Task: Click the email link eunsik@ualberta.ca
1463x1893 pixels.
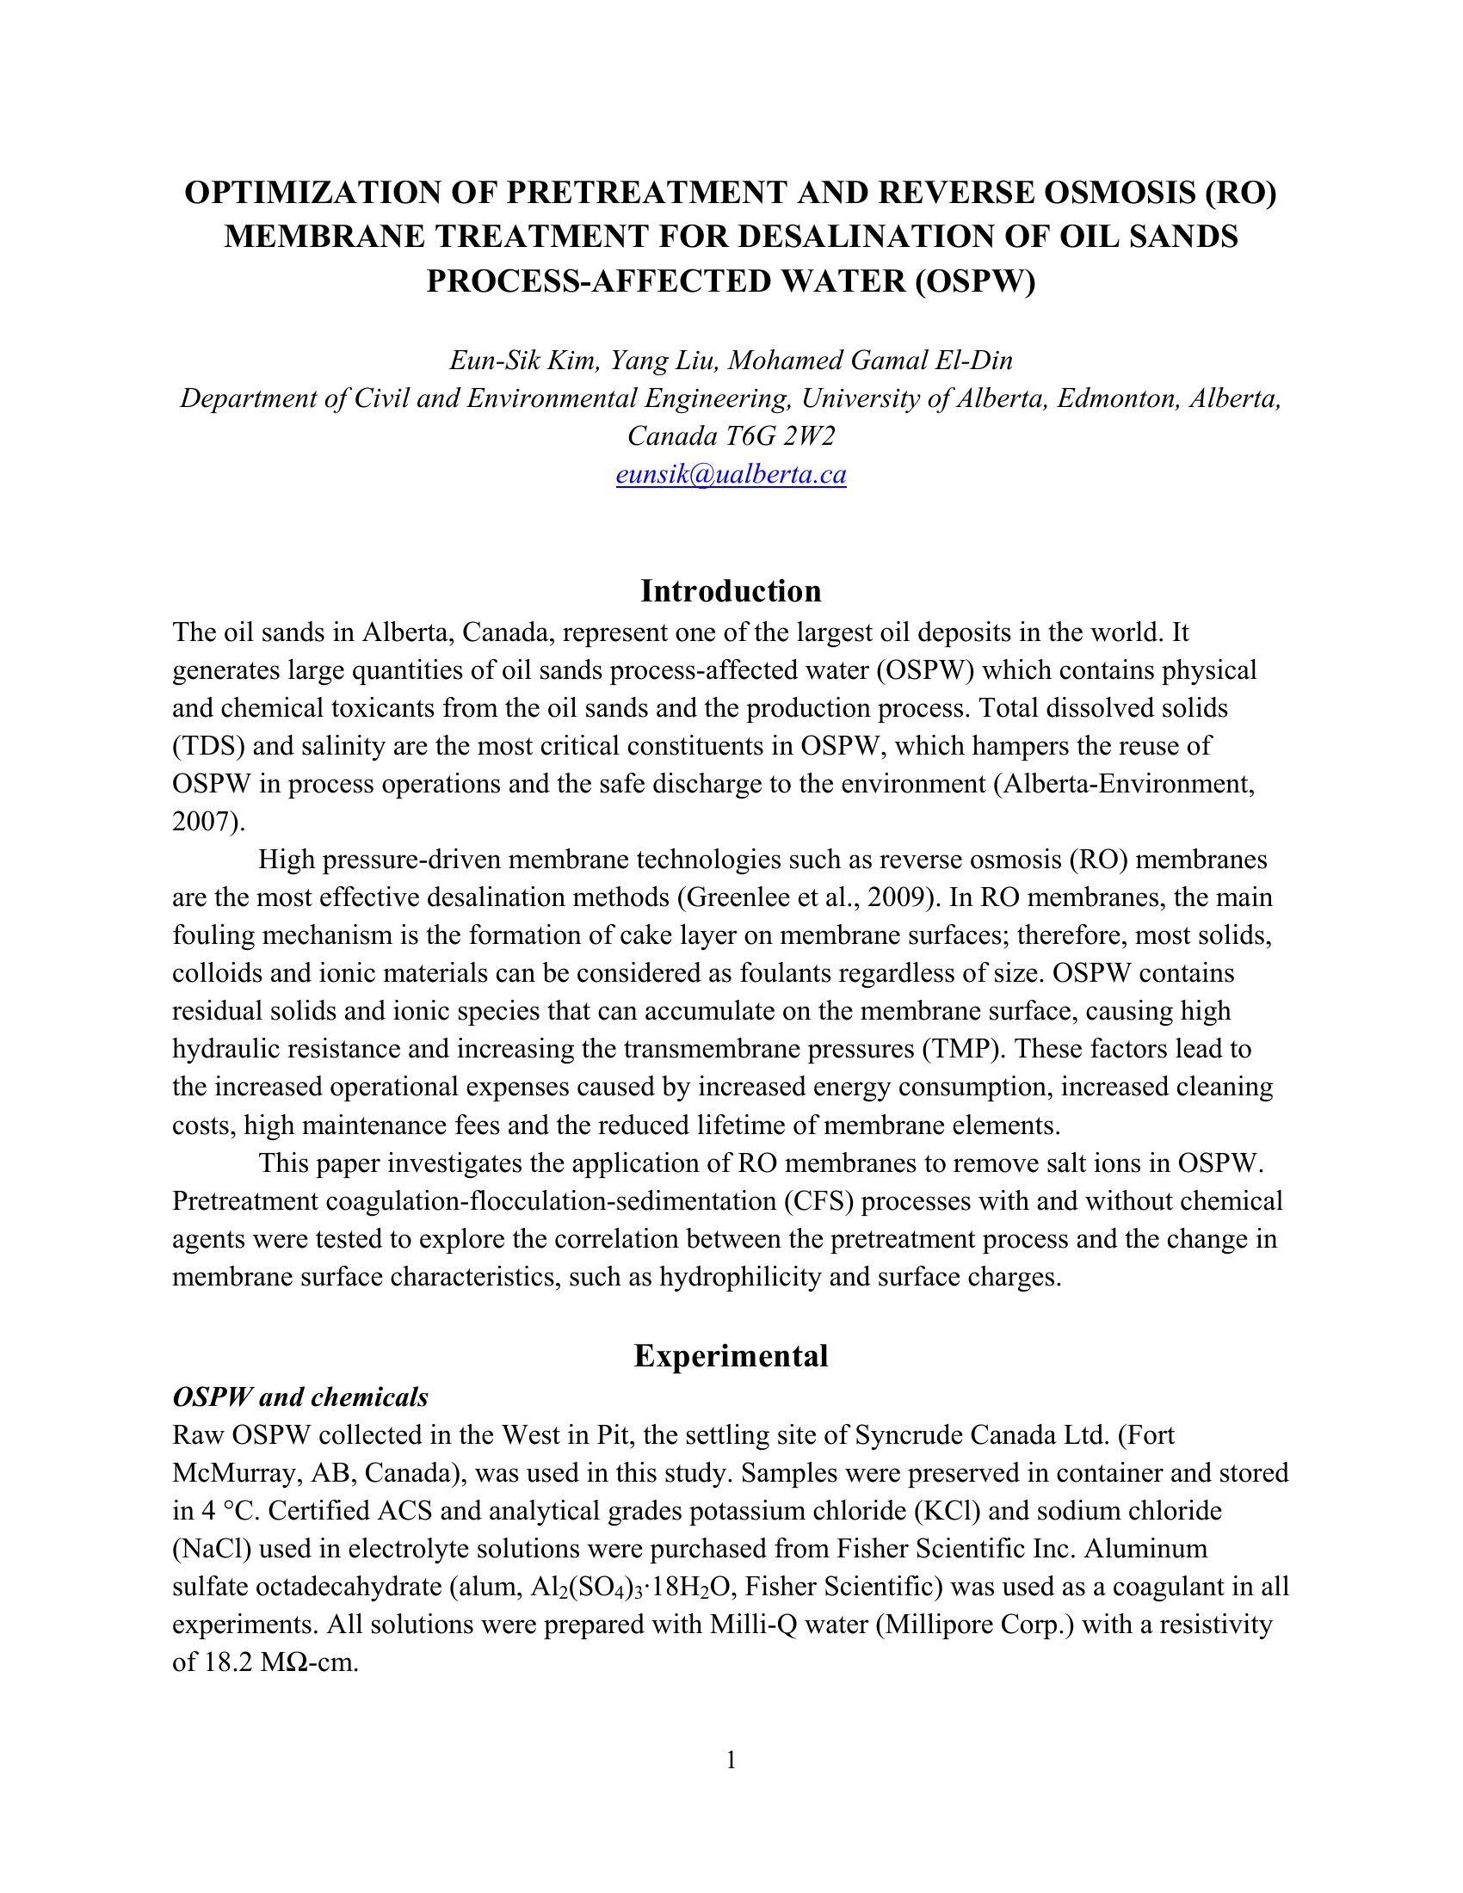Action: click(x=731, y=475)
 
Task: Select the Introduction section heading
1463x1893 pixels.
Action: click(x=731, y=591)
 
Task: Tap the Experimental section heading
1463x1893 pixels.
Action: click(x=731, y=1355)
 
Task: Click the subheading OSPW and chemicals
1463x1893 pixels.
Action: click(x=299, y=1397)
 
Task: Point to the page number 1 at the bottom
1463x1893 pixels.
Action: click(x=731, y=1760)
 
